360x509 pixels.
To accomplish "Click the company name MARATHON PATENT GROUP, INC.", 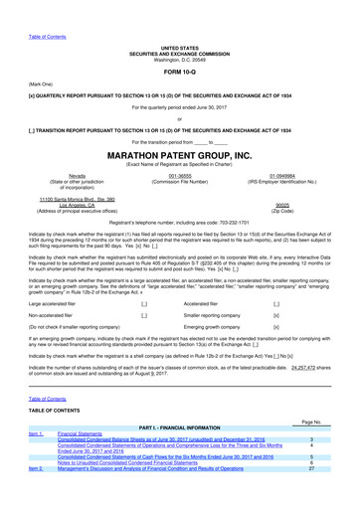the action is click(179, 155).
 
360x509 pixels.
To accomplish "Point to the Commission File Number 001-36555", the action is click(179, 175).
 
